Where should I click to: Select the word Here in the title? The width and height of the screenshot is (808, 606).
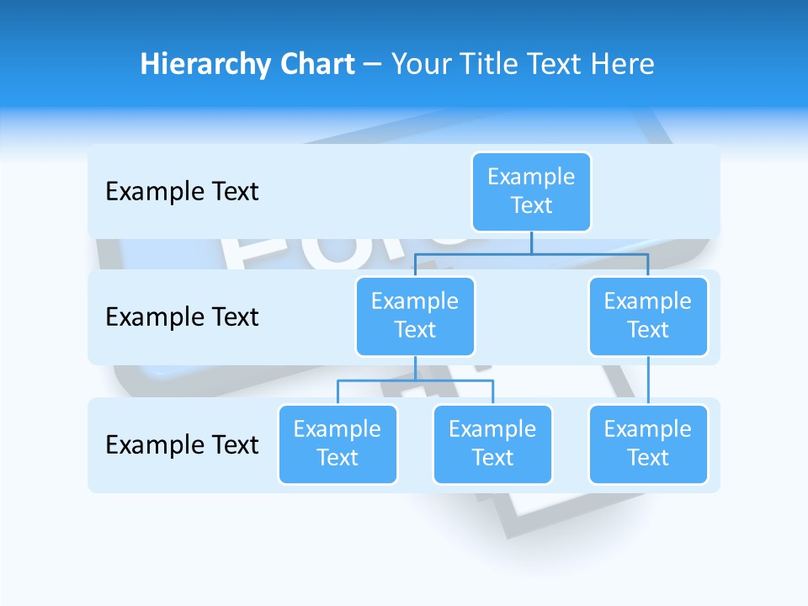pyautogui.click(x=623, y=64)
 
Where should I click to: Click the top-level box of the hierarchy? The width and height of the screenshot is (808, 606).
pyautogui.click(x=531, y=191)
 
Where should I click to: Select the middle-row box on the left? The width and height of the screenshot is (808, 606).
pyautogui.click(x=415, y=316)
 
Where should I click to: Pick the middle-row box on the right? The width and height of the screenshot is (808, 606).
pyautogui.click(x=648, y=316)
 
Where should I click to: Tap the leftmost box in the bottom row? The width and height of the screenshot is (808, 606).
pyautogui.click(x=338, y=444)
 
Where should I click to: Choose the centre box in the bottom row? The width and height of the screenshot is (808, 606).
pyautogui.click(x=492, y=444)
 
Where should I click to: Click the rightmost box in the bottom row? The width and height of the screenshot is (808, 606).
pyautogui.click(x=648, y=444)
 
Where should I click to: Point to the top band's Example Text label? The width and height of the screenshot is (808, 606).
pyautogui.click(x=182, y=191)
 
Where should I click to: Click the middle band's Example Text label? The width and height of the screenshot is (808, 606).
pyautogui.click(x=182, y=316)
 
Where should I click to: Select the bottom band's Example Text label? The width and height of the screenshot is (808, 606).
pyautogui.click(x=182, y=444)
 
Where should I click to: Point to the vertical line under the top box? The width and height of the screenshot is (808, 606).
pyautogui.click(x=531, y=242)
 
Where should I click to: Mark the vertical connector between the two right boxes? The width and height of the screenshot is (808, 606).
pyautogui.click(x=648, y=380)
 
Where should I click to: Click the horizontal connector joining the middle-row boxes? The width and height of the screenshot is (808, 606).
pyautogui.click(x=531, y=252)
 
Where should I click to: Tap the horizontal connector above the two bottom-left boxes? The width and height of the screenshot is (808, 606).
pyautogui.click(x=415, y=380)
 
